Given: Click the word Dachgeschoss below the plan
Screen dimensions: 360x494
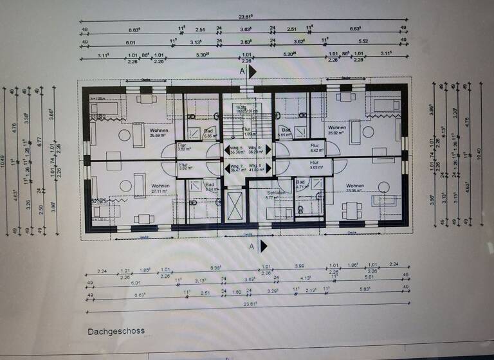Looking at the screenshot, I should pos(116,331).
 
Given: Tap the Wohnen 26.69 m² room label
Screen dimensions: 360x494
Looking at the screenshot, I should pos(140,132).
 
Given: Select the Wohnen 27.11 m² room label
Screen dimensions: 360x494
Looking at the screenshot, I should pos(161,188).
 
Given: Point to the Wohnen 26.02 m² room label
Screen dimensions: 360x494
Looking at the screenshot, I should pos(336,130).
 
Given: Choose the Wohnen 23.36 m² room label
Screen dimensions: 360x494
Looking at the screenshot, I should pos(354,188).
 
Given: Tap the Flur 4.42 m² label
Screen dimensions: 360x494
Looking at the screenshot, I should pos(315,147).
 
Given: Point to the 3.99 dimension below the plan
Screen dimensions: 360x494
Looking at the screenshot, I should pos(299,265).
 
